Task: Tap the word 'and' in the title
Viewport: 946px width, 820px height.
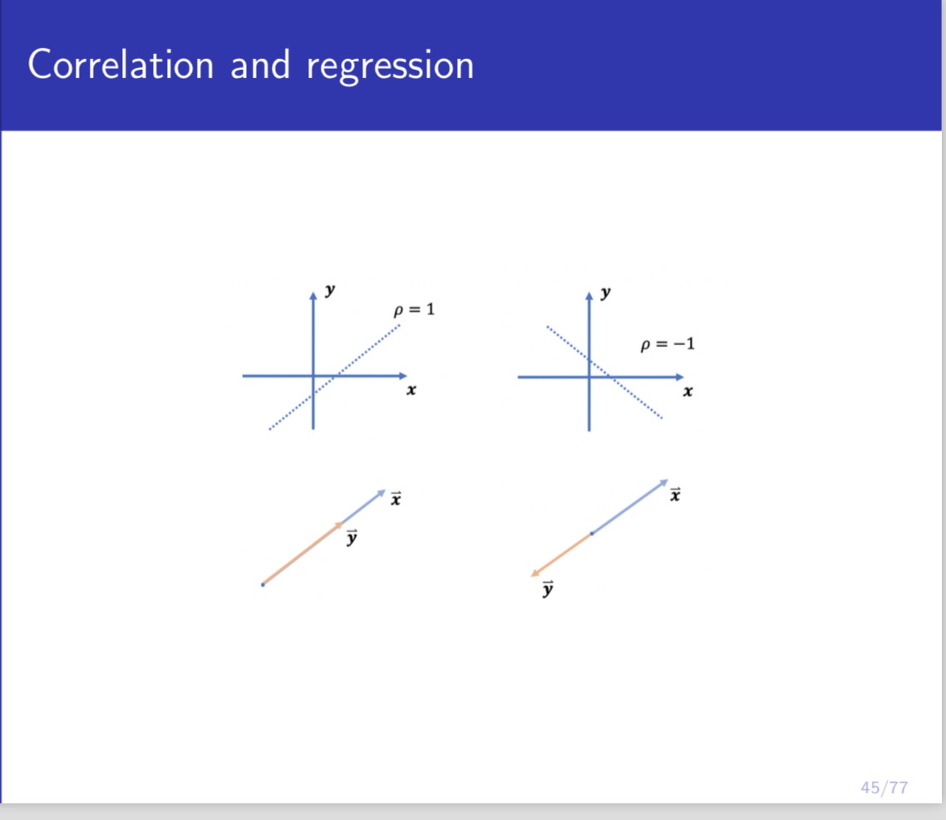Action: (x=260, y=65)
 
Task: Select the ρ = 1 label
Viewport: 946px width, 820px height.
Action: (x=414, y=310)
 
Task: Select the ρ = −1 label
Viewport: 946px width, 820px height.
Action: (x=668, y=343)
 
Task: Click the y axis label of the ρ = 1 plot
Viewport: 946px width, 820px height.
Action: (x=331, y=290)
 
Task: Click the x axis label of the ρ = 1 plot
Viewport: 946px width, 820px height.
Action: (x=411, y=389)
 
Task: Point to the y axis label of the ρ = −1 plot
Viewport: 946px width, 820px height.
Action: (x=606, y=292)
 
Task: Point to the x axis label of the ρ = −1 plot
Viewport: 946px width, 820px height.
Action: (x=687, y=390)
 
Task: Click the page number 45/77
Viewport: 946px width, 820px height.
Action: (x=884, y=787)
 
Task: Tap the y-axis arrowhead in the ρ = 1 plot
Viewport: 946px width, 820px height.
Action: (x=313, y=294)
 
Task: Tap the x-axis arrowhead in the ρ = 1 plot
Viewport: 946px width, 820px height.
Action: (x=403, y=376)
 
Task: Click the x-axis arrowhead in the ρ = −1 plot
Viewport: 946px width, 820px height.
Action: (x=679, y=377)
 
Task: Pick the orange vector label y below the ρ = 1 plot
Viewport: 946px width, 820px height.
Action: (x=352, y=538)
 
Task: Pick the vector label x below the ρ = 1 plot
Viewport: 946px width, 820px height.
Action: (x=397, y=498)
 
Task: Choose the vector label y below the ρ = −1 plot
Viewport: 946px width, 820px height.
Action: (x=548, y=590)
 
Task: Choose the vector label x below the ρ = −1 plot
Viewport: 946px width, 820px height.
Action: (x=676, y=496)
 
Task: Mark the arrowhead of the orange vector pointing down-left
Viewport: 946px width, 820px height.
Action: (x=535, y=573)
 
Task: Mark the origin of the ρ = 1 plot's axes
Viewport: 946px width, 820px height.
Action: (x=313, y=376)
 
